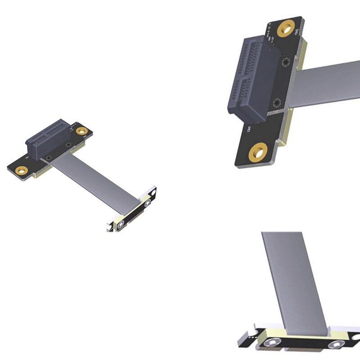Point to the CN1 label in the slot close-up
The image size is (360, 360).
(248, 130)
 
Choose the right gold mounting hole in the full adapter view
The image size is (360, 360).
(81, 131)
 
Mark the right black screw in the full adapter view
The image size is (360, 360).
(67, 144)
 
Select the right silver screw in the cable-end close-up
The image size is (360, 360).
(335, 345)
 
